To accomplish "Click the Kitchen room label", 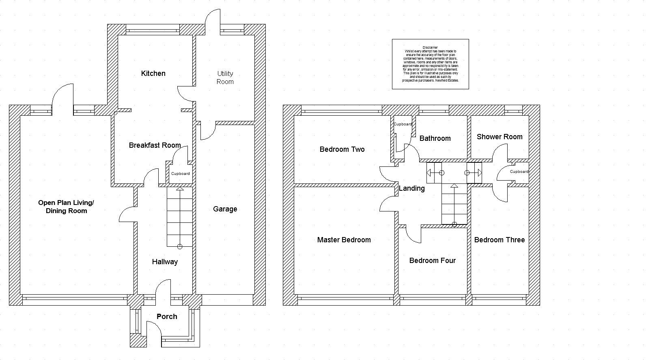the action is click(153, 73).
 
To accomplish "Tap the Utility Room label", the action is click(225, 78).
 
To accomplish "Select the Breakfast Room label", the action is click(155, 145).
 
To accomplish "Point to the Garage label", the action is click(225, 209).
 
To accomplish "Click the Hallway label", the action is click(165, 262).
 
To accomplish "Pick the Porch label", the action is click(167, 317).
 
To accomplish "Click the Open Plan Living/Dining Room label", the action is click(66, 207).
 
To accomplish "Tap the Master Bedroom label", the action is click(344, 240).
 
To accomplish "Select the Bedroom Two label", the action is click(342, 149).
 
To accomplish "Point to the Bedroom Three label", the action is click(500, 240).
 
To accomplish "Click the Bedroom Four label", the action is click(432, 261).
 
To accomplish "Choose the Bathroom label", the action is click(435, 138).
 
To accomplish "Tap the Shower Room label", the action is click(500, 137).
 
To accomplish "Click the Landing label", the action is click(411, 188).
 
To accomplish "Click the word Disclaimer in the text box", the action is click(430, 47).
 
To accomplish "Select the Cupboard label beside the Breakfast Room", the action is click(180, 174).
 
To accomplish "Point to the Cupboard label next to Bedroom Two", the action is click(403, 124).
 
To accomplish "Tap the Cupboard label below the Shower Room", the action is click(519, 172).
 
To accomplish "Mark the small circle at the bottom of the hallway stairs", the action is click(180, 247).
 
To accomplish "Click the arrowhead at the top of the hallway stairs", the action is click(180, 189).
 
